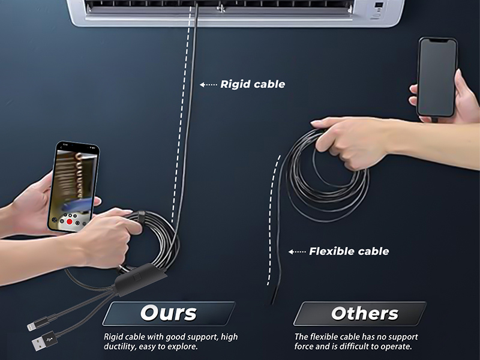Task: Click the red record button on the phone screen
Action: point(70,221)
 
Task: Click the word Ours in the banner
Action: point(169,313)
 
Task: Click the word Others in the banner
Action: point(365,313)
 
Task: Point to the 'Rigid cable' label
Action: point(253,84)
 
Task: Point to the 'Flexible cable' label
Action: point(349,251)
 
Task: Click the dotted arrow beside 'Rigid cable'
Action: point(208,85)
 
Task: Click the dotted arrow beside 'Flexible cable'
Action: point(297,251)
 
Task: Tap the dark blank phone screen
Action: point(436,77)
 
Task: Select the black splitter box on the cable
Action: point(141,279)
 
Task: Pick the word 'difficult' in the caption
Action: point(354,346)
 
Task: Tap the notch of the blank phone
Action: point(437,40)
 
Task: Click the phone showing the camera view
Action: point(73,187)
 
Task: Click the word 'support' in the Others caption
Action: point(402,337)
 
